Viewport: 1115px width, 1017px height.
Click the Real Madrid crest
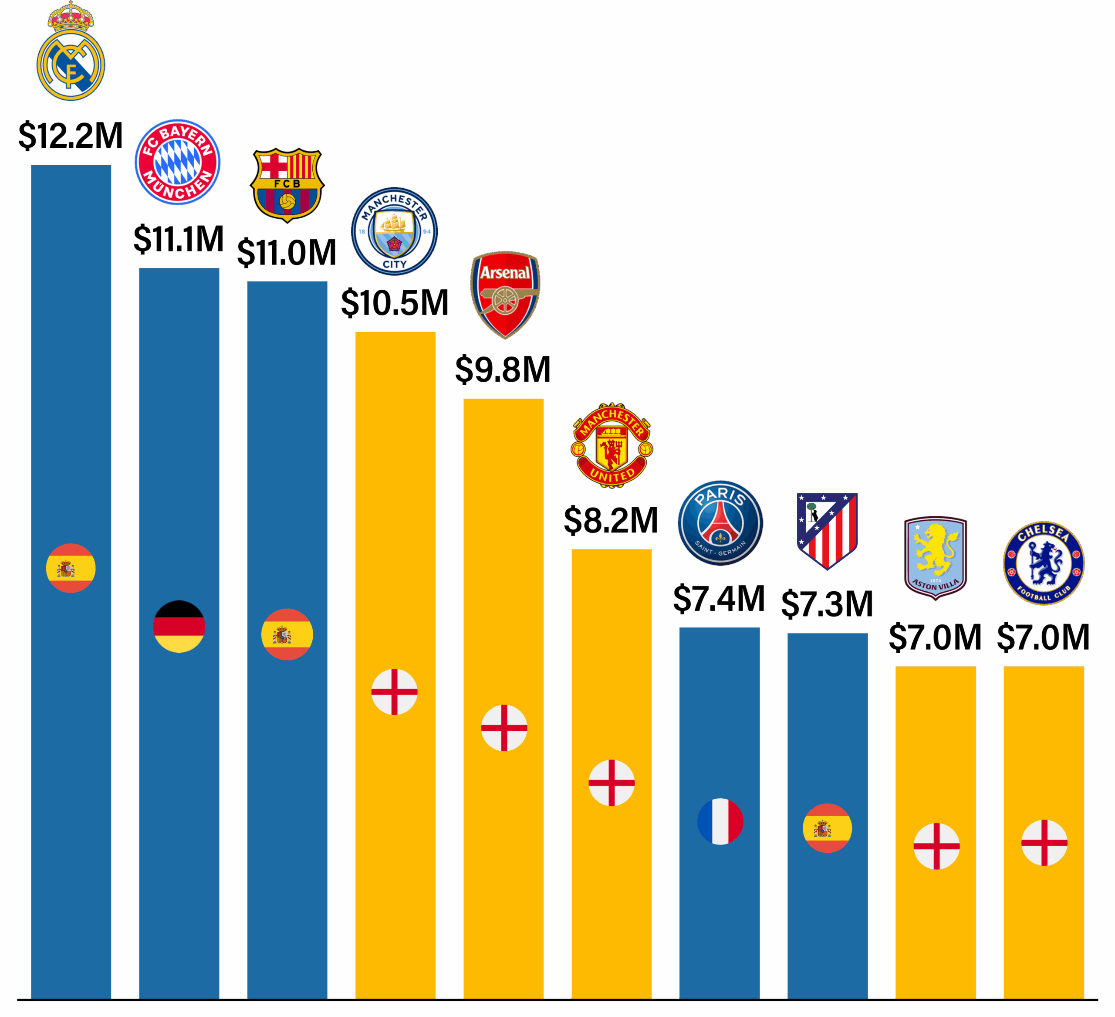71,53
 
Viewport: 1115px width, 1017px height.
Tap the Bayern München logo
178,162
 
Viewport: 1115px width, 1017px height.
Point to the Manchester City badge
394,231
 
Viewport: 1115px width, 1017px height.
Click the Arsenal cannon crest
504,295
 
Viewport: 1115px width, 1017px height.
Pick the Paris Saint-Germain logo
720,523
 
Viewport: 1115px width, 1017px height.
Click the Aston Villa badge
935,558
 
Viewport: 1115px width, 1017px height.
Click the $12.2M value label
71,136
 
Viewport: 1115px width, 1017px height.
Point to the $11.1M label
179,239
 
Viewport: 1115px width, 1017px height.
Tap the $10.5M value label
395,303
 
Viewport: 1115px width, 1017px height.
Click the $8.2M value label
611,521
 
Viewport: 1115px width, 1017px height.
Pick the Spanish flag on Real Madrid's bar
71,568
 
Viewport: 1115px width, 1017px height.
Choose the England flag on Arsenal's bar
504,728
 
